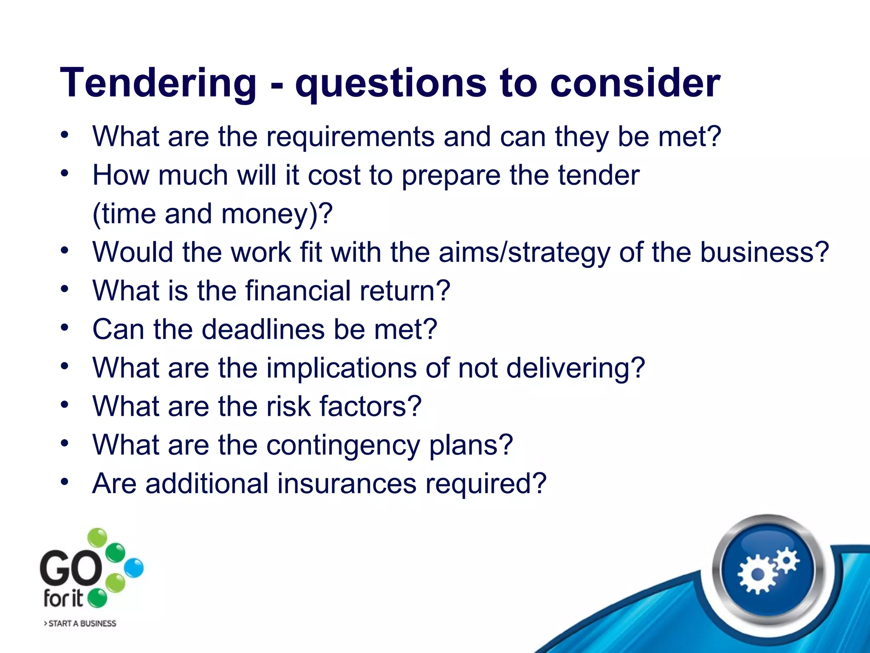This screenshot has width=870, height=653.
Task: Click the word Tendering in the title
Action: (158, 83)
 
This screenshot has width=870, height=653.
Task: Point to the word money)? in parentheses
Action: (277, 214)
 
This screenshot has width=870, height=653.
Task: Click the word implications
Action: (341, 368)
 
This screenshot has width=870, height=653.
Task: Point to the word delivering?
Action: (576, 368)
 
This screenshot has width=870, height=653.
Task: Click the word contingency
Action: (343, 446)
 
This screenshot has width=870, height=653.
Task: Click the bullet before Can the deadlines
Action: (64, 328)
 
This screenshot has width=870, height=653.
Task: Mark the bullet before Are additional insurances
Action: (64, 482)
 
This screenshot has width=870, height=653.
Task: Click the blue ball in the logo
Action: (134, 568)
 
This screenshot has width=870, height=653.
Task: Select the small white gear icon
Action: (787, 560)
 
